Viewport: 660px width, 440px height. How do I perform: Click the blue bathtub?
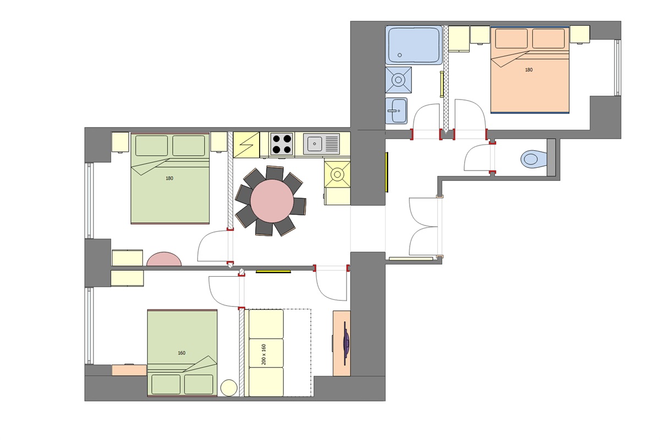click(x=414, y=45)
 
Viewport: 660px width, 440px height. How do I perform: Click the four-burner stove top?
click(x=281, y=144)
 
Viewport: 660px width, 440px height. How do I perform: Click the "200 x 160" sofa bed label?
click(x=264, y=354)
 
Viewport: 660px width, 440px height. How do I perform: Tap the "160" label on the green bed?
click(x=182, y=353)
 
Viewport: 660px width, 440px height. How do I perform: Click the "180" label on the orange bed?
click(x=529, y=70)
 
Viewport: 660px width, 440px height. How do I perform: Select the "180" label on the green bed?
click(x=169, y=178)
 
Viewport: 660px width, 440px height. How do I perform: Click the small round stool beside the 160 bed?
click(x=229, y=388)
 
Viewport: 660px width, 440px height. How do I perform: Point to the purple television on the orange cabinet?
click(x=346, y=343)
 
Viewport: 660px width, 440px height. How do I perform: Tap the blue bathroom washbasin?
click(x=396, y=111)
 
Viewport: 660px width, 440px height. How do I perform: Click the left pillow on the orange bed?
click(x=511, y=38)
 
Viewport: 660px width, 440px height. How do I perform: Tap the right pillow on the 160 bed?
click(x=199, y=384)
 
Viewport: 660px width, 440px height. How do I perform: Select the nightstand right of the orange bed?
click(x=580, y=34)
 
